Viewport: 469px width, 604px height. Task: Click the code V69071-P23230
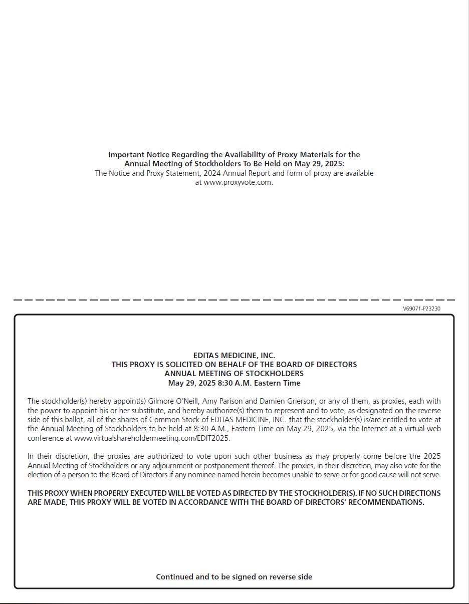(x=421, y=309)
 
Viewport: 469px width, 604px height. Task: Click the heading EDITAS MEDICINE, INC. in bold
(x=234, y=356)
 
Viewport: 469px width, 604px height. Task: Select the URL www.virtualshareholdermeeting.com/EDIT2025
(x=152, y=438)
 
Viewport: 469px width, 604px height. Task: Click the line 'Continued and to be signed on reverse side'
(x=234, y=576)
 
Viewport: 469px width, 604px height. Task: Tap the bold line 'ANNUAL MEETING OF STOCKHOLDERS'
(x=234, y=374)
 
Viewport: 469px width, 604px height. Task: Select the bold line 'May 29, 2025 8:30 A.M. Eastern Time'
(x=234, y=383)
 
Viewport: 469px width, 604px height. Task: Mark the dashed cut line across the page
(x=234, y=299)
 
